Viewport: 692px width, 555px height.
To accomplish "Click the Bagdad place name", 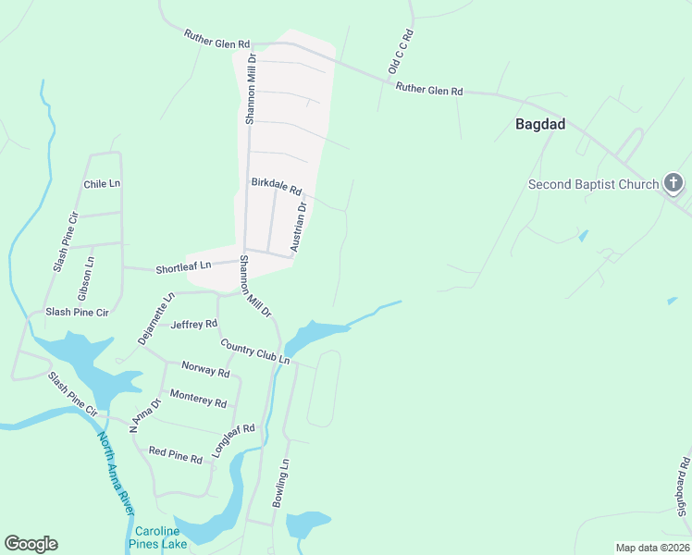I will [x=540, y=124].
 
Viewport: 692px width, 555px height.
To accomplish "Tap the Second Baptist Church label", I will [x=592, y=184].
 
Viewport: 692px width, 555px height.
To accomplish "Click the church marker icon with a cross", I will [x=673, y=183].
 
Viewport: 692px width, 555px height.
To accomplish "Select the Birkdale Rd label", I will [x=277, y=187].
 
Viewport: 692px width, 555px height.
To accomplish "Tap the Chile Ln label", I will [x=102, y=183].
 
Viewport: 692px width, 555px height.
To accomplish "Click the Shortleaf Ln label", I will [x=183, y=265].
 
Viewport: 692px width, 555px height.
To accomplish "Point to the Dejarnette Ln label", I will [x=156, y=319].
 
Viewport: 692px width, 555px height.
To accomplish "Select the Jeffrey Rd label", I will [x=194, y=325].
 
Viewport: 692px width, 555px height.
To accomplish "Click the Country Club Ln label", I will [x=254, y=351].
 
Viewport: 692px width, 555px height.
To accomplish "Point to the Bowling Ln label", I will [x=281, y=482].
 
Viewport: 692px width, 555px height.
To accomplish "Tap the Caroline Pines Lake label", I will [x=161, y=537].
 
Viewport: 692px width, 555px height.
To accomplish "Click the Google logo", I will [x=31, y=544].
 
